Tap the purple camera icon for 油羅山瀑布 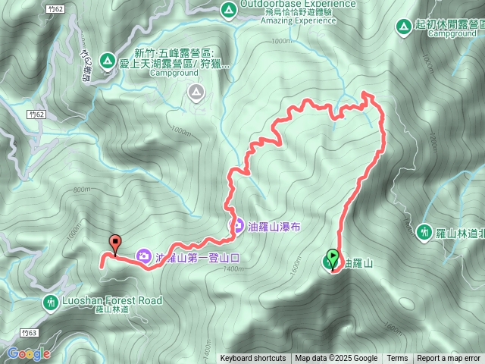pyautogui.click(x=236, y=226)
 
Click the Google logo pyautogui.click(x=29, y=353)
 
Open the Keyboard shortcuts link pyautogui.click(x=253, y=359)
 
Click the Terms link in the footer pyautogui.click(x=397, y=359)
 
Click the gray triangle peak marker pyautogui.click(x=197, y=93)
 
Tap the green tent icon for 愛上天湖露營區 pyautogui.click(x=107, y=59)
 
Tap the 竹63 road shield pyautogui.click(x=30, y=332)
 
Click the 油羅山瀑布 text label pyautogui.click(x=272, y=226)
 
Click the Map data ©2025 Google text pyautogui.click(x=336, y=359)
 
